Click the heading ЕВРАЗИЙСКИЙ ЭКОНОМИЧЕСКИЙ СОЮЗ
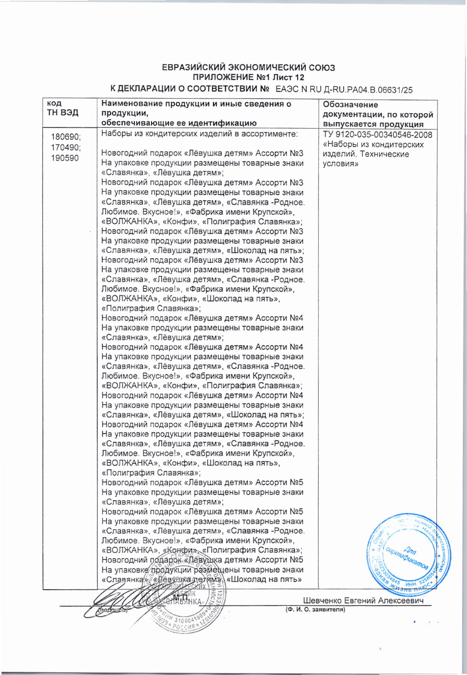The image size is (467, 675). pyautogui.click(x=248, y=68)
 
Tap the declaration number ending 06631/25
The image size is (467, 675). pyautogui.click(x=344, y=90)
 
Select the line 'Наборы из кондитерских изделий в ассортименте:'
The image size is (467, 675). pyautogui.click(x=199, y=134)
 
